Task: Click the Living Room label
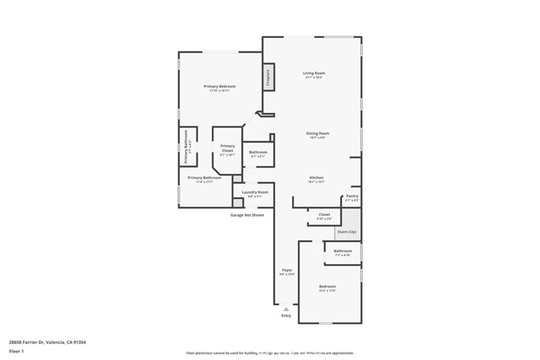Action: click(x=314, y=73)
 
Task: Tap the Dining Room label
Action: click(x=317, y=133)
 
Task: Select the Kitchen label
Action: click(x=316, y=178)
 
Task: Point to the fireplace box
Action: click(x=269, y=77)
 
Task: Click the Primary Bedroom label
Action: click(x=219, y=87)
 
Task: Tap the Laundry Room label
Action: click(x=255, y=192)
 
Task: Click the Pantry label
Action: click(x=352, y=196)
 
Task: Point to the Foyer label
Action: click(x=287, y=270)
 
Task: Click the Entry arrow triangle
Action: click(x=286, y=309)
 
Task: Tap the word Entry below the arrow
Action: click(x=286, y=316)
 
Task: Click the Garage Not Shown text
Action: click(x=247, y=215)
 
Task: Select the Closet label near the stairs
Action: click(x=324, y=214)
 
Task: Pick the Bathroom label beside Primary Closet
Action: click(x=258, y=153)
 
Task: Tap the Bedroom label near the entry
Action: click(x=327, y=287)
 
